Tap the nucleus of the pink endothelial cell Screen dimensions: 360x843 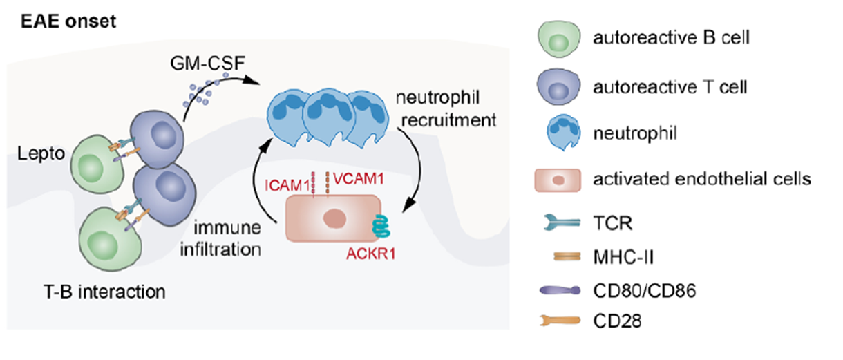[335, 219]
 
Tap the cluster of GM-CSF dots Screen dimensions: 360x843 [203, 92]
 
